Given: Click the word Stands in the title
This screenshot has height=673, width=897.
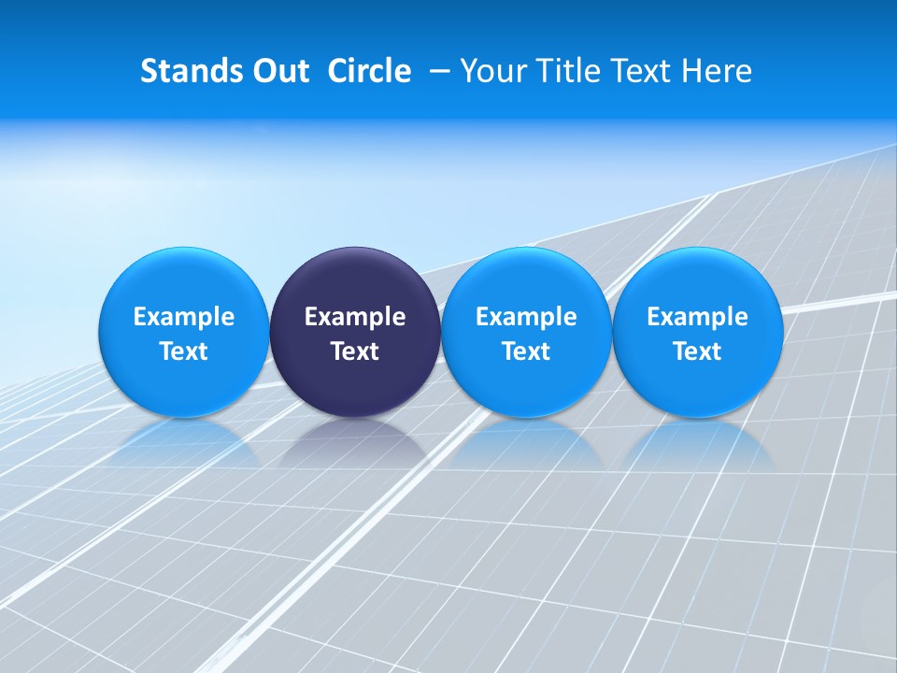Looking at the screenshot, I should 182,71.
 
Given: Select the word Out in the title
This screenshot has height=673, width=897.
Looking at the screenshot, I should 278,71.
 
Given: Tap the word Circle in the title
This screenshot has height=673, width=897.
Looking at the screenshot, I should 369,71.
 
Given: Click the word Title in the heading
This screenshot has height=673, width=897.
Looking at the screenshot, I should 562,71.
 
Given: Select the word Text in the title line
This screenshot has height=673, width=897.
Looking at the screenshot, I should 640,71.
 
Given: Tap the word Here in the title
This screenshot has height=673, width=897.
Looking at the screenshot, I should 718,71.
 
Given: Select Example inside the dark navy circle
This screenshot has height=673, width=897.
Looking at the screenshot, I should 355,317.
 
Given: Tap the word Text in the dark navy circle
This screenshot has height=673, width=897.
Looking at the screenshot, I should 355,351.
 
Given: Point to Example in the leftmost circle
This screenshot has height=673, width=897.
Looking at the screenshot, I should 183,317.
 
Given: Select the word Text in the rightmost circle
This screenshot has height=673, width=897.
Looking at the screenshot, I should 697,351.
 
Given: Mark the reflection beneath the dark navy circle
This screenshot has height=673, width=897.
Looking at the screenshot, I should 355,444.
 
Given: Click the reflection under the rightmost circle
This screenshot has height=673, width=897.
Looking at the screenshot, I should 697,444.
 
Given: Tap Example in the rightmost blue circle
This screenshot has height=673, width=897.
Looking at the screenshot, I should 697,317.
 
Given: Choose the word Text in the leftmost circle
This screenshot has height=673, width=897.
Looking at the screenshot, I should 183,351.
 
